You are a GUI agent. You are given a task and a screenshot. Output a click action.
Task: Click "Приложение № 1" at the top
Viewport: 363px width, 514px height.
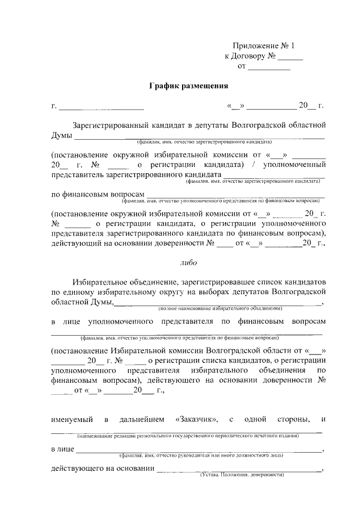pos(264,46)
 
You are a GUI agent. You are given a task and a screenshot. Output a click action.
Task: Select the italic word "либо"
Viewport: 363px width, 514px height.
pos(188,263)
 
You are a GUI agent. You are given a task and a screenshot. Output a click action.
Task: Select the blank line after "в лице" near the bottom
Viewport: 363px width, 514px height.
pos(199,450)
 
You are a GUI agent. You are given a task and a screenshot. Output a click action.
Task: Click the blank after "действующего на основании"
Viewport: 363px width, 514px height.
pos(238,469)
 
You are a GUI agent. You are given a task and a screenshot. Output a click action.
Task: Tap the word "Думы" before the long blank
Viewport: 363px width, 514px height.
pos(61,135)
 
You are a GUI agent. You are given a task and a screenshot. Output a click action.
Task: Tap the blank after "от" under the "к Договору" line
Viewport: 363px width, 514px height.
pos(270,67)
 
